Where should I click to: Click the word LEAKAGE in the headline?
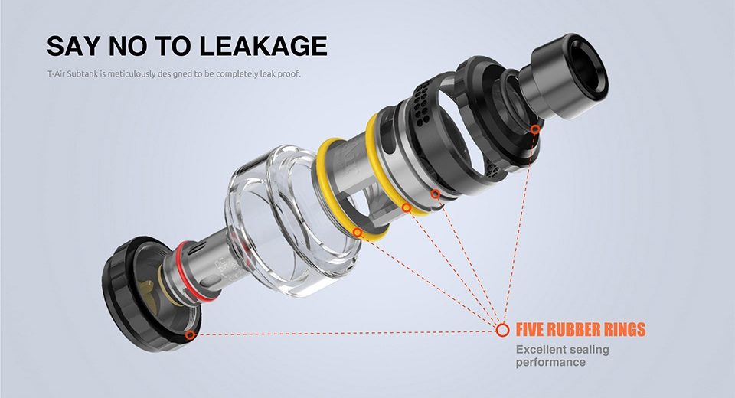coord(263,45)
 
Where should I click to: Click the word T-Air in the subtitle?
coord(56,73)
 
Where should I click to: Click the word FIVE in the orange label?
coord(530,330)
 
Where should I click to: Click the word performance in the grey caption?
coord(550,362)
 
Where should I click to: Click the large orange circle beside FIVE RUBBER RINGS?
coord(502,330)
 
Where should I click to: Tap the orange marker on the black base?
coord(190,334)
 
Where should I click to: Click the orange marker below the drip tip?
coord(535,129)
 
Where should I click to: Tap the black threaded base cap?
coord(141,295)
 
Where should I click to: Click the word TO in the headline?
coord(174,45)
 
